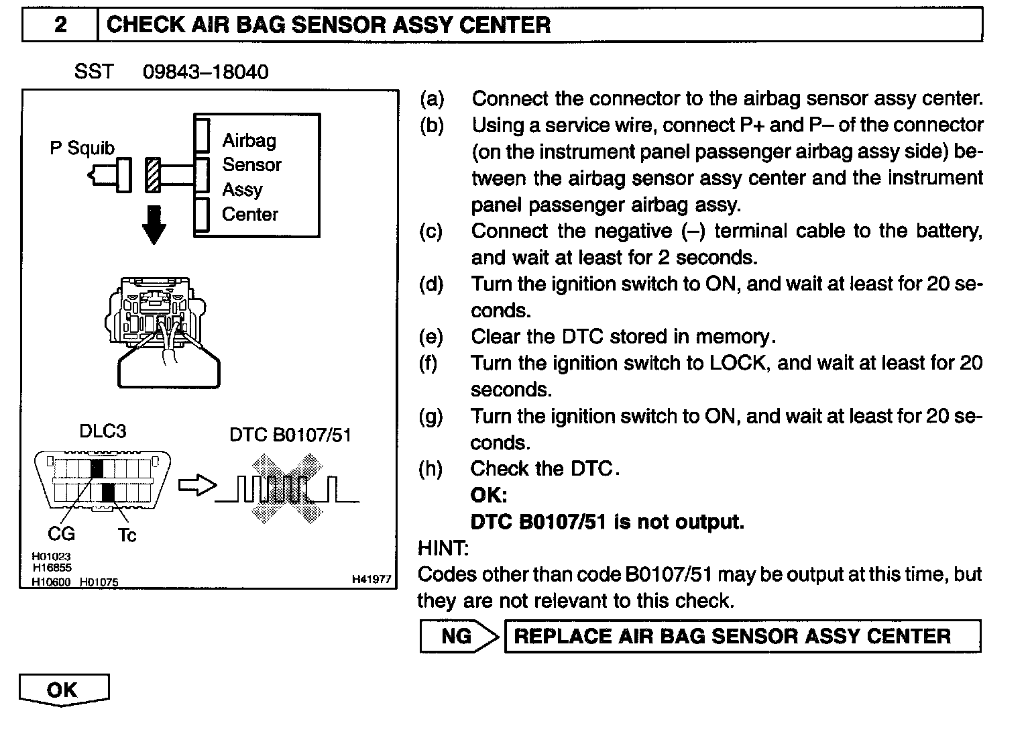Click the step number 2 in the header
click(x=60, y=25)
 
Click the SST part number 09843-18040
click(x=205, y=72)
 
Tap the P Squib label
click(x=82, y=148)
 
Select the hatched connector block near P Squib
click(x=154, y=174)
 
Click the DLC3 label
click(x=103, y=431)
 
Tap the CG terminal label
click(x=61, y=534)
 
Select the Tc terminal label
click(x=127, y=535)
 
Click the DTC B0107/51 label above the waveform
click(x=290, y=435)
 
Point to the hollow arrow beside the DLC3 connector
click(x=197, y=486)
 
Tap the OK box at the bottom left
click(x=63, y=690)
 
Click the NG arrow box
click(x=459, y=636)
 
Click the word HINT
click(x=443, y=548)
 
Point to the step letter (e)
click(x=431, y=336)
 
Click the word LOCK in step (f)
click(x=738, y=363)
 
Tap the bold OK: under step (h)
click(x=489, y=495)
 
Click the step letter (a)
click(x=431, y=99)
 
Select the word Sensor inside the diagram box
click(x=251, y=164)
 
